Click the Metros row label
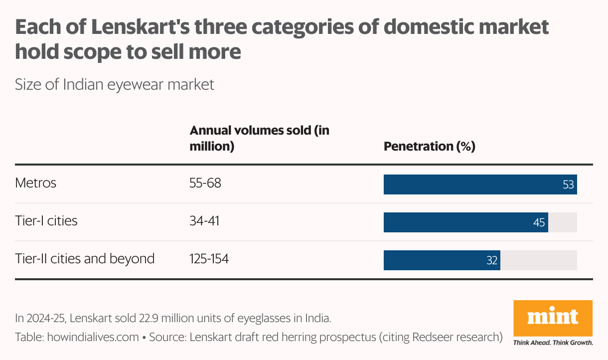coord(35,183)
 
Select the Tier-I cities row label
coord(46,221)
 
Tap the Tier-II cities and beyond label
coord(85,259)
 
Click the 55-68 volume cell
coord(205,183)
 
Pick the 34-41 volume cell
coord(204,221)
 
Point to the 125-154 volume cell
coord(209,259)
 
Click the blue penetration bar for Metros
coord(468,184)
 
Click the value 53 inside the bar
coord(569,184)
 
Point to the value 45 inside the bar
coord(539,222)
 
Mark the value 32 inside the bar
coord(492,260)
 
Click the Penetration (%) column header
coord(429,147)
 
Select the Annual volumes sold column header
coord(259,139)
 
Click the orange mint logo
coord(553,318)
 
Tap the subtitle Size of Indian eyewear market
coord(115,85)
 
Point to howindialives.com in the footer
coord(93,337)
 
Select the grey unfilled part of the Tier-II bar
coord(538,260)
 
